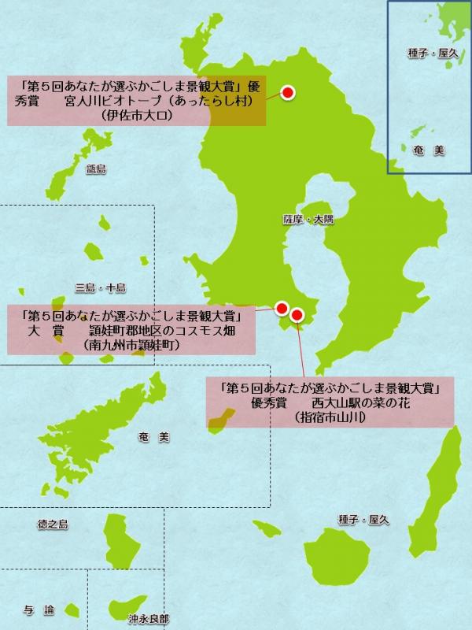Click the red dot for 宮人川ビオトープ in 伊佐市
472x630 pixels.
[x=287, y=93]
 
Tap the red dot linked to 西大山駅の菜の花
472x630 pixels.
[x=297, y=316]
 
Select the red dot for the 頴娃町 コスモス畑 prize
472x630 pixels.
[x=282, y=308]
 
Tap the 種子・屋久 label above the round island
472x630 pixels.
[x=359, y=521]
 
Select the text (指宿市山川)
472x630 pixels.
[x=329, y=417]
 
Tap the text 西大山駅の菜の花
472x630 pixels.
[x=363, y=403]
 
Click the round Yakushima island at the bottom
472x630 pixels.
[x=335, y=559]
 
